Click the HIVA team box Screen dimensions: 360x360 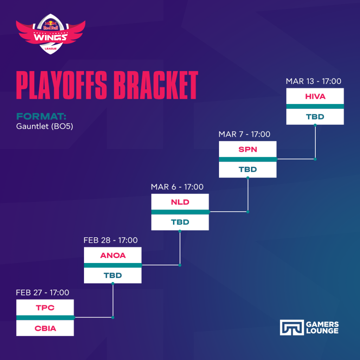click(315, 96)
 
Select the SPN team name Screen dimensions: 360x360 click(248, 149)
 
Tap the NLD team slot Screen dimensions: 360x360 click(180, 202)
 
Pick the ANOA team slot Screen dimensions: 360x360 click(113, 255)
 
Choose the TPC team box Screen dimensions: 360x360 click(45, 307)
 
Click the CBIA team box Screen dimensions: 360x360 click(45, 328)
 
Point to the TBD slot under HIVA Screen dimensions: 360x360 click(315, 117)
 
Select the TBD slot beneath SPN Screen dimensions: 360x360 click(248, 169)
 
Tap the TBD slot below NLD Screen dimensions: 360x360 click(180, 222)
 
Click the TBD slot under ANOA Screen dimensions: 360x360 click(113, 275)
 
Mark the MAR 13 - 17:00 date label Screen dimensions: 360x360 click(313, 81)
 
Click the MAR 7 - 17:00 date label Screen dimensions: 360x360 click(244, 134)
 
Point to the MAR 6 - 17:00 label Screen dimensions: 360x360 click(177, 187)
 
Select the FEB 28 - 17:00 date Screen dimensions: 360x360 click(110, 240)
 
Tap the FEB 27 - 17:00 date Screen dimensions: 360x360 click(43, 292)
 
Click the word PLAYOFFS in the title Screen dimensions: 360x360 click(62, 85)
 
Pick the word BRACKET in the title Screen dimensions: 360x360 click(156, 85)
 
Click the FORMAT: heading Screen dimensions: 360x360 click(41, 116)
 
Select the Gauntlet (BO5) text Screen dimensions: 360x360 click(45, 126)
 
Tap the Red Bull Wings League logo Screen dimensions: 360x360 click(51, 34)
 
